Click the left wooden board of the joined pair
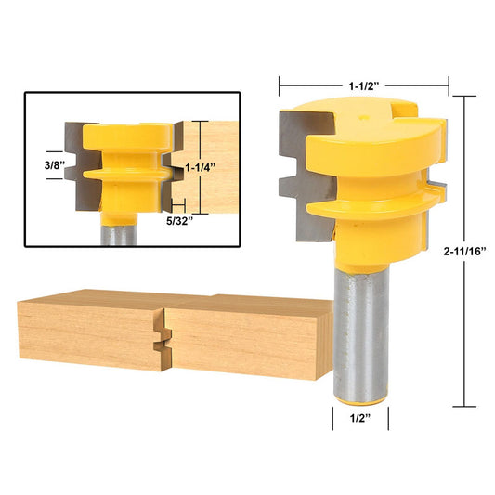[88, 332]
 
